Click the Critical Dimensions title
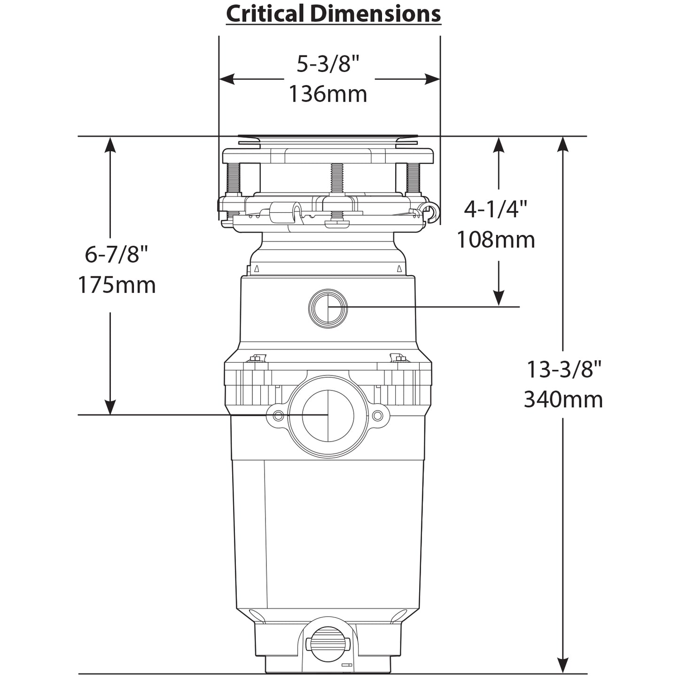click(333, 14)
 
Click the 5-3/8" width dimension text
click(330, 63)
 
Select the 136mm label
click(328, 94)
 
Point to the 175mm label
click(117, 285)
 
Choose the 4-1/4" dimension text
click(496, 209)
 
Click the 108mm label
click(496, 240)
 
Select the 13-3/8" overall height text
click(563, 369)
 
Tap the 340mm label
click(563, 400)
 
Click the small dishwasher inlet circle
click(328, 308)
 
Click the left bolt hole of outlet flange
click(278, 416)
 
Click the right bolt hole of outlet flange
click(377, 416)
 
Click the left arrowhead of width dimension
click(227, 79)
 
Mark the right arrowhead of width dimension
click(433, 79)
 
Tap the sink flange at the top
click(328, 139)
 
